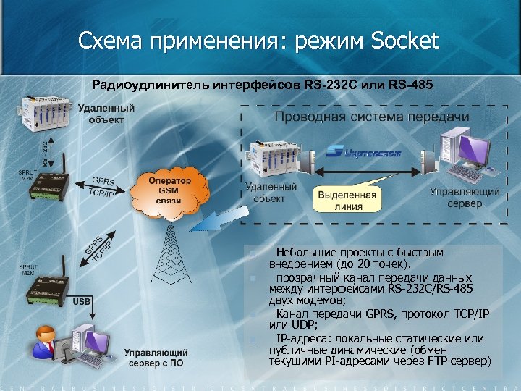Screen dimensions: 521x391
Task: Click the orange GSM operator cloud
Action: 169,190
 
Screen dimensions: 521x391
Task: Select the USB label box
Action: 81,300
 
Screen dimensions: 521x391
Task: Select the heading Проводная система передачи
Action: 371,117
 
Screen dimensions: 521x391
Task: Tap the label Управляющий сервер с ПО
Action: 156,356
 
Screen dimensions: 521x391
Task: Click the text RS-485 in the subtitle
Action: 411,85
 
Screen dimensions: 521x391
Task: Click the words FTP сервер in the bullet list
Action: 462,360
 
